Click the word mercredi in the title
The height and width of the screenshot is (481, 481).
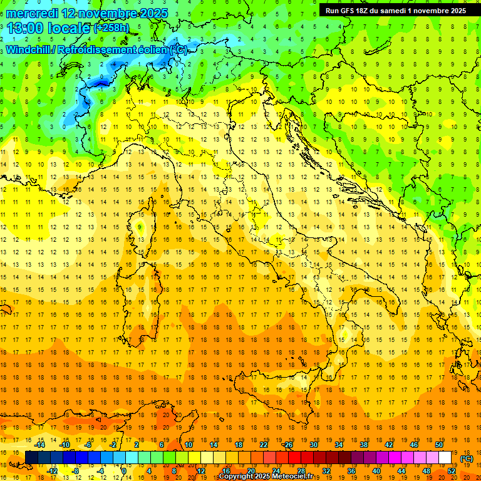(x=31, y=13)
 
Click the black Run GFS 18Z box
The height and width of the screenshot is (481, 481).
(x=395, y=10)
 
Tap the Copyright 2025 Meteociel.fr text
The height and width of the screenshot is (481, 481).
(x=266, y=477)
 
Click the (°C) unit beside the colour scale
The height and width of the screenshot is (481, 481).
(x=467, y=458)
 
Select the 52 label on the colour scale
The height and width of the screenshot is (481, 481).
(x=452, y=471)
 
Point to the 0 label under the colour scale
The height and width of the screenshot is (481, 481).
(x=123, y=471)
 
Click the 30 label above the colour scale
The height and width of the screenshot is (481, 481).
(x=313, y=445)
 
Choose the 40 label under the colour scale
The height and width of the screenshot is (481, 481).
(x=376, y=471)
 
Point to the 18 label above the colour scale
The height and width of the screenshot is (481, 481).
(x=238, y=445)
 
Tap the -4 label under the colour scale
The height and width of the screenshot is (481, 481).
(x=100, y=471)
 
